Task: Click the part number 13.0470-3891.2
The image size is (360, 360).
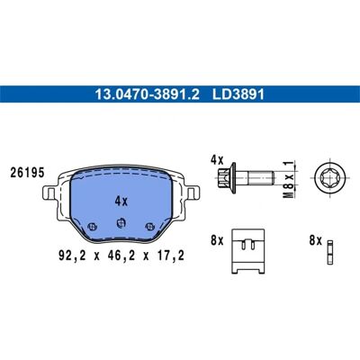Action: pos(147,94)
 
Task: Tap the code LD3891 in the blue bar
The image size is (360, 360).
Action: pos(238,94)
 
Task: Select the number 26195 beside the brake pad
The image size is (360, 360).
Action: pos(27,173)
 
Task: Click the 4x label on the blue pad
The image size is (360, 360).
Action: pos(121,201)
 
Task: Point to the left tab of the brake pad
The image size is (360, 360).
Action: pos(49,193)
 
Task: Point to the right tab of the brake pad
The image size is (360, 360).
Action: pos(193,193)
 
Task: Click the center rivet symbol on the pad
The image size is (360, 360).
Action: pos(121,222)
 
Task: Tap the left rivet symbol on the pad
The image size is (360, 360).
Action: pos(92,227)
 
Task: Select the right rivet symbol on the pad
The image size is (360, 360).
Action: pos(149,227)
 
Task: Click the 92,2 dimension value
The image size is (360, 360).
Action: pos(72,256)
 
